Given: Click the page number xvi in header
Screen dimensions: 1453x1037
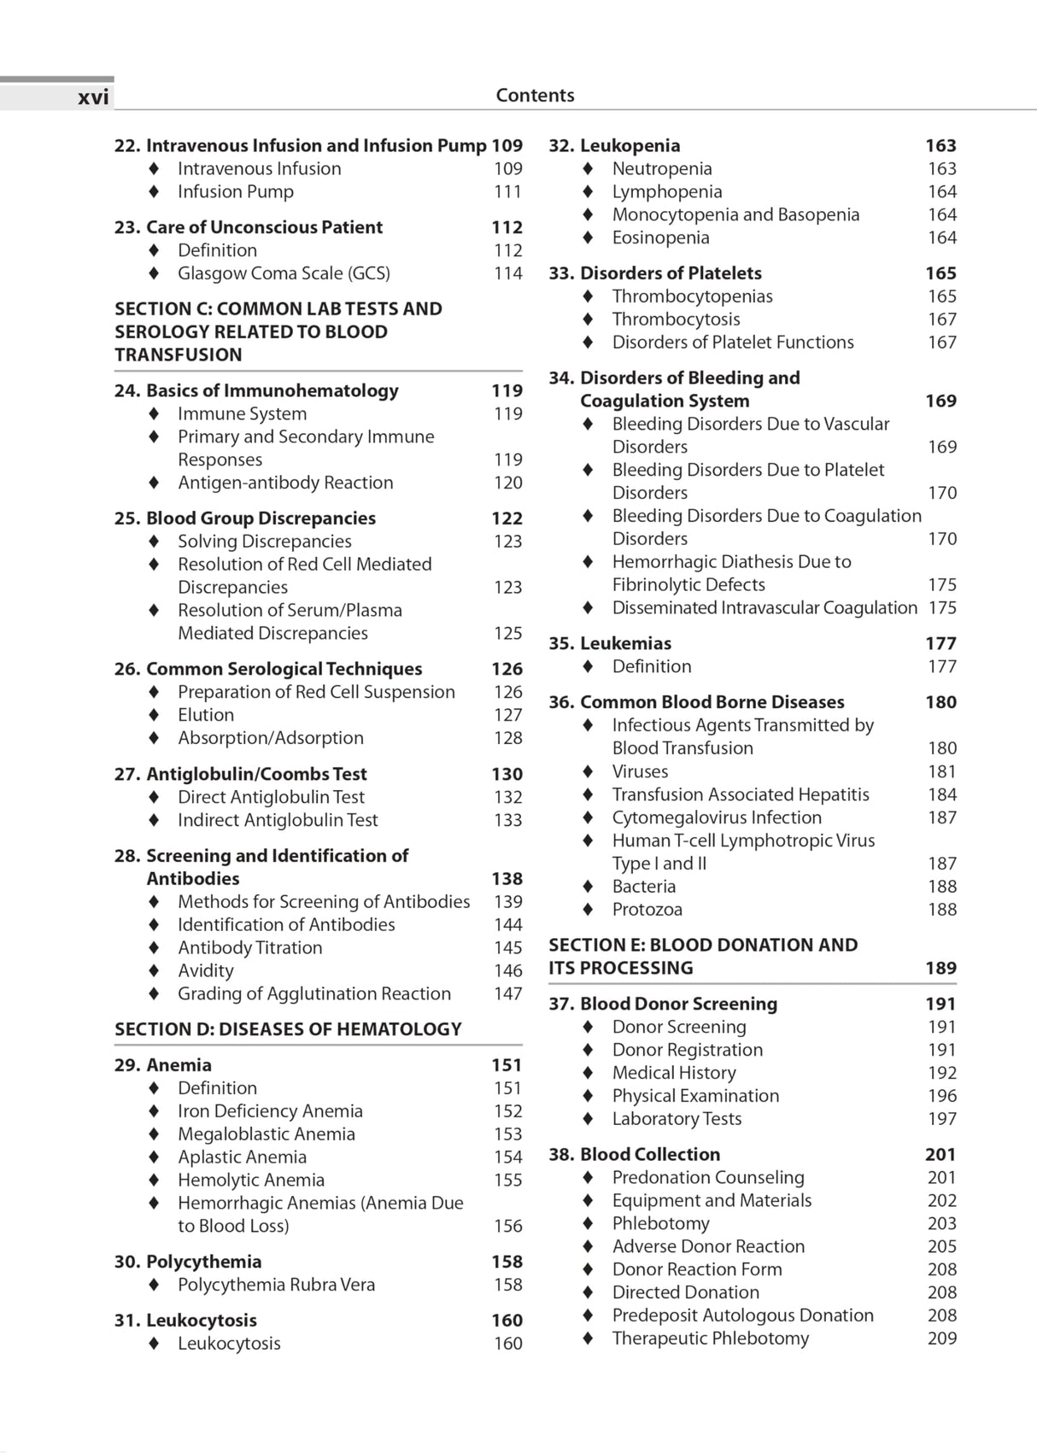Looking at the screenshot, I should tap(93, 97).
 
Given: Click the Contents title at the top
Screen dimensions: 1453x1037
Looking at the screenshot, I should tap(535, 96).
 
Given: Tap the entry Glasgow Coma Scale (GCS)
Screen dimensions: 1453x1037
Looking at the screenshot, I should tap(284, 273).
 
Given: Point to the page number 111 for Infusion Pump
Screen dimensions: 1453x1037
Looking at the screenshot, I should tap(507, 192).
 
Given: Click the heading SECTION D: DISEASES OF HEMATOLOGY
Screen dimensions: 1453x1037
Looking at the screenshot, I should tap(288, 1029).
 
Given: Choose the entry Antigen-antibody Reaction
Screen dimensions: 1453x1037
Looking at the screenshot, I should tap(285, 483).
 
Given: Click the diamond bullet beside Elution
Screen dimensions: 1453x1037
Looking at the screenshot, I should tap(154, 715).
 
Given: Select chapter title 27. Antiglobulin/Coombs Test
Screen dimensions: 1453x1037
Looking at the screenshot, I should tap(240, 774).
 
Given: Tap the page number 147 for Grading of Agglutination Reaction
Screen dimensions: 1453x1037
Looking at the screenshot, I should tap(507, 994).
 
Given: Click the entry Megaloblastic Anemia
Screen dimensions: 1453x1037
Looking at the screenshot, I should tap(266, 1134).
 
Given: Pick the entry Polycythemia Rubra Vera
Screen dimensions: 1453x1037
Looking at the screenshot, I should tap(276, 1285).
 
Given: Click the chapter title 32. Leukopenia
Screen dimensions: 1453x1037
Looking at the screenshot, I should tap(614, 146).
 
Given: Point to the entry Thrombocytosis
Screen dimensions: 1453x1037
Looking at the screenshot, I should tap(676, 319).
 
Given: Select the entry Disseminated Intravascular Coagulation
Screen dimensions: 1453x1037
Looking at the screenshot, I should tap(765, 608).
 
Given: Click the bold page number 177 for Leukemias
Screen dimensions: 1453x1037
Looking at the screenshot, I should tap(940, 644).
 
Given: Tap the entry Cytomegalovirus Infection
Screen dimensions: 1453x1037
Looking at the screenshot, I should tap(717, 817).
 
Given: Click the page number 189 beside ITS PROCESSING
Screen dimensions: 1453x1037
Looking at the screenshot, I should tap(940, 969).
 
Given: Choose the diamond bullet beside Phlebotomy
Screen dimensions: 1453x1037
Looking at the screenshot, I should tap(588, 1224).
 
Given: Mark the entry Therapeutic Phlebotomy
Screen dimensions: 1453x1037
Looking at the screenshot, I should tap(710, 1339).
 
